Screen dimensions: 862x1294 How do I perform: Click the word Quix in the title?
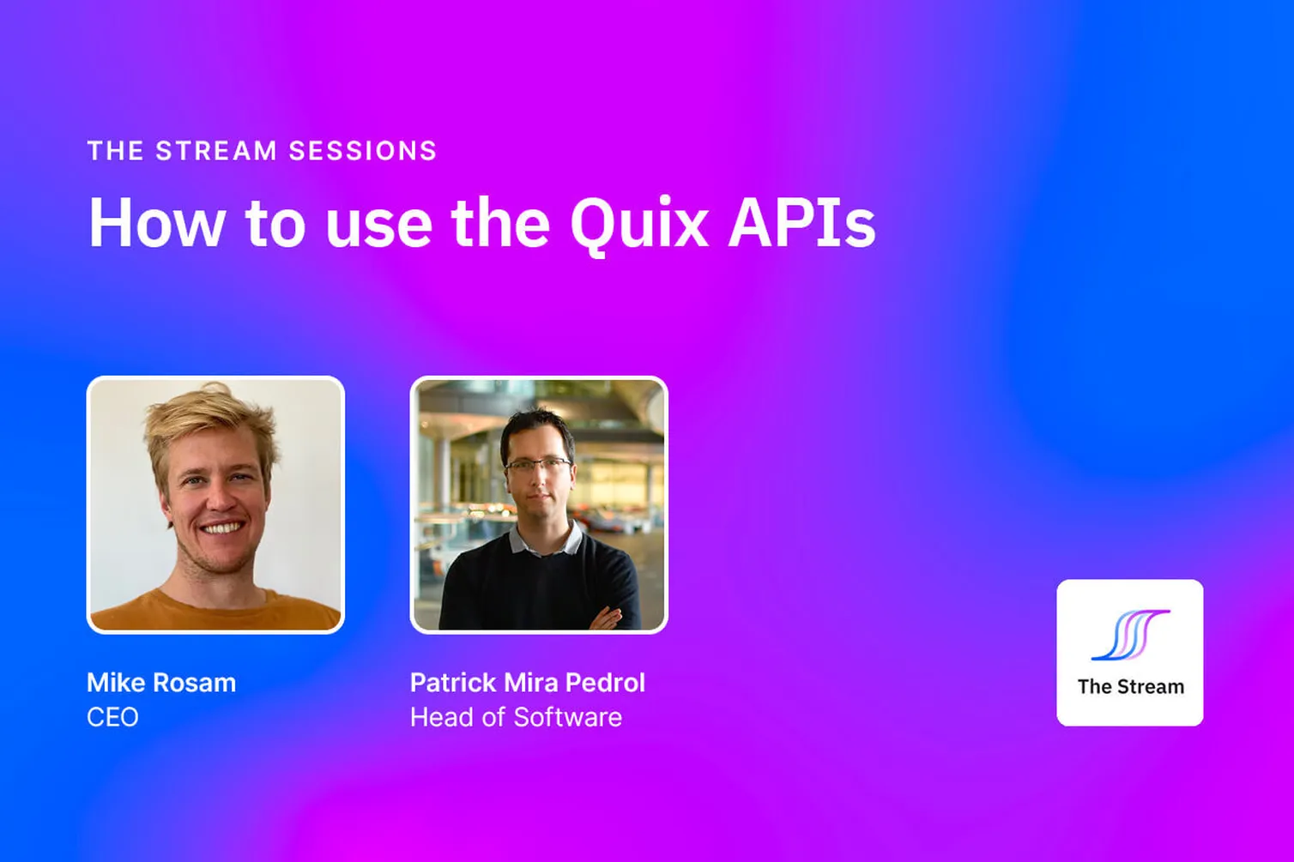638,223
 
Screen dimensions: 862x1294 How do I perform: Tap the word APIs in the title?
802,223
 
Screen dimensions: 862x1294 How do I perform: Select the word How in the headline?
157,223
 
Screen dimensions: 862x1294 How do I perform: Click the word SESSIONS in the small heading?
363,151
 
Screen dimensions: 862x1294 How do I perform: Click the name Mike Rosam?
161,683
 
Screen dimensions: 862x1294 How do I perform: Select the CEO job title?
112,717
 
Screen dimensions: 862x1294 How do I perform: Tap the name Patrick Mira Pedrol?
527,683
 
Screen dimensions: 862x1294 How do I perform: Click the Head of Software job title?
516,717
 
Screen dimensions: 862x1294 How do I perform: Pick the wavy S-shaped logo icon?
1129,635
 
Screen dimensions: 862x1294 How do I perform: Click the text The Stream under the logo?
1130,687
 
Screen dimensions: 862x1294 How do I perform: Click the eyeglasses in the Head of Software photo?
538,466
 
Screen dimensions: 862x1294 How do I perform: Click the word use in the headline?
378,223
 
